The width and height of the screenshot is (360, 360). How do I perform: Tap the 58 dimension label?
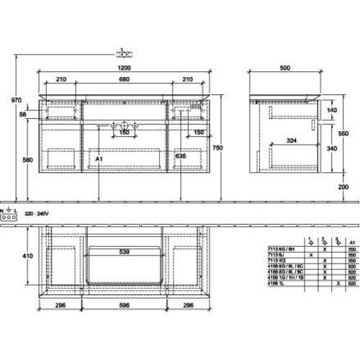pyautogui.click(x=24, y=114)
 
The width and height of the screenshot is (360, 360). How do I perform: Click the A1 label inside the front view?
pyautogui.click(x=99, y=155)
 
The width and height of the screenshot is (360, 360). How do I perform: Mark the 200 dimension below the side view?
pyautogui.click(x=343, y=187)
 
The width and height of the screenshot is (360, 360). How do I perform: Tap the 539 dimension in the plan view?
pyautogui.click(x=125, y=252)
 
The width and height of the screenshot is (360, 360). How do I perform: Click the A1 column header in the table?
pyautogui.click(x=351, y=243)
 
